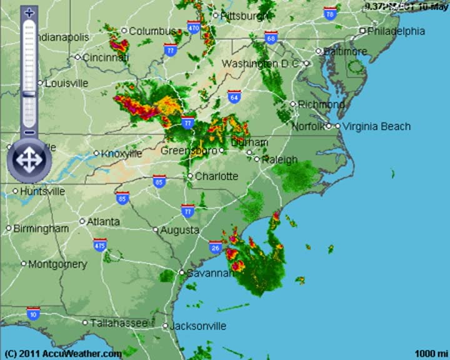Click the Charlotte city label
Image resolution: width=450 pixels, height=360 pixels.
[216, 176]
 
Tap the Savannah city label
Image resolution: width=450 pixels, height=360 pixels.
[209, 273]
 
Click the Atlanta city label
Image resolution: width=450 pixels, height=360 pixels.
[103, 221]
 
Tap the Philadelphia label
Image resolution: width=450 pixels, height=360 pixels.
[396, 31]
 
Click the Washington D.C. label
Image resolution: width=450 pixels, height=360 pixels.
[261, 64]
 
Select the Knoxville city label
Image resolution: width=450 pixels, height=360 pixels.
[121, 153]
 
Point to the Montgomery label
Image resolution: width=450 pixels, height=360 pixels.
[57, 264]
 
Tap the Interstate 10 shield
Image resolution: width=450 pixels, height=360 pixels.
[33, 313]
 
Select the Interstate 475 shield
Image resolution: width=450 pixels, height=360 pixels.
[100, 245]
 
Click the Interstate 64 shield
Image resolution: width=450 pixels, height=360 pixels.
[234, 97]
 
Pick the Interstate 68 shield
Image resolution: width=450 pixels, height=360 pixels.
[271, 37]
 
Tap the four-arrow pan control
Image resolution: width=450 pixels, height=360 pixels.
[27, 160]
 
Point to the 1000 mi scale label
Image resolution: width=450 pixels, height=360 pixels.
[431, 353]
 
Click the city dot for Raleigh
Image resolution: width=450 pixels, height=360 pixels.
[257, 159]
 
